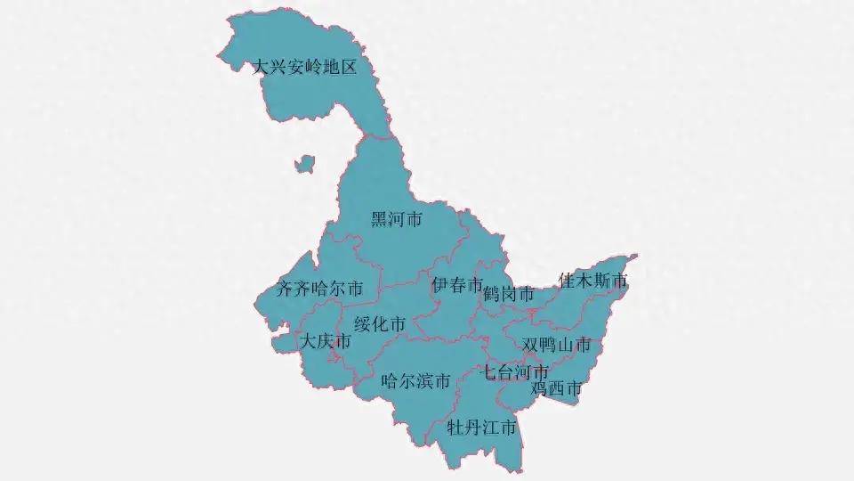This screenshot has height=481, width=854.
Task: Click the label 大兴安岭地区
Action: (305, 68)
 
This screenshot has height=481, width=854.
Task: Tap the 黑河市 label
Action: (396, 219)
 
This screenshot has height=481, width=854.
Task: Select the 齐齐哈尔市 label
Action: (319, 289)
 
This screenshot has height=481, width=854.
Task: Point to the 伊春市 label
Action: (457, 285)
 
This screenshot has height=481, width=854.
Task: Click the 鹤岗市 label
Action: (509, 294)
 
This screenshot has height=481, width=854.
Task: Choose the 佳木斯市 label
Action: (593, 281)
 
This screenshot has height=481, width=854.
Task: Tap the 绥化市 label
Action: (380, 324)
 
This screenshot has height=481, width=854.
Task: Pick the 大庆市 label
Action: (325, 341)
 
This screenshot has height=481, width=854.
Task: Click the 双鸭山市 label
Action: (557, 345)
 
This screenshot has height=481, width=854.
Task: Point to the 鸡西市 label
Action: (557, 388)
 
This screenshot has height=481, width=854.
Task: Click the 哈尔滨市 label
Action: (415, 382)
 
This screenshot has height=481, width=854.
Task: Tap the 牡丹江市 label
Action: (481, 428)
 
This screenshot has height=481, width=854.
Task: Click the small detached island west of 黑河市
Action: (305, 164)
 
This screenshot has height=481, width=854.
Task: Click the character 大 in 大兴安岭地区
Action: (262, 68)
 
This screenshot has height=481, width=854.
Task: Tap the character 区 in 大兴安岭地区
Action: (348, 68)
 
